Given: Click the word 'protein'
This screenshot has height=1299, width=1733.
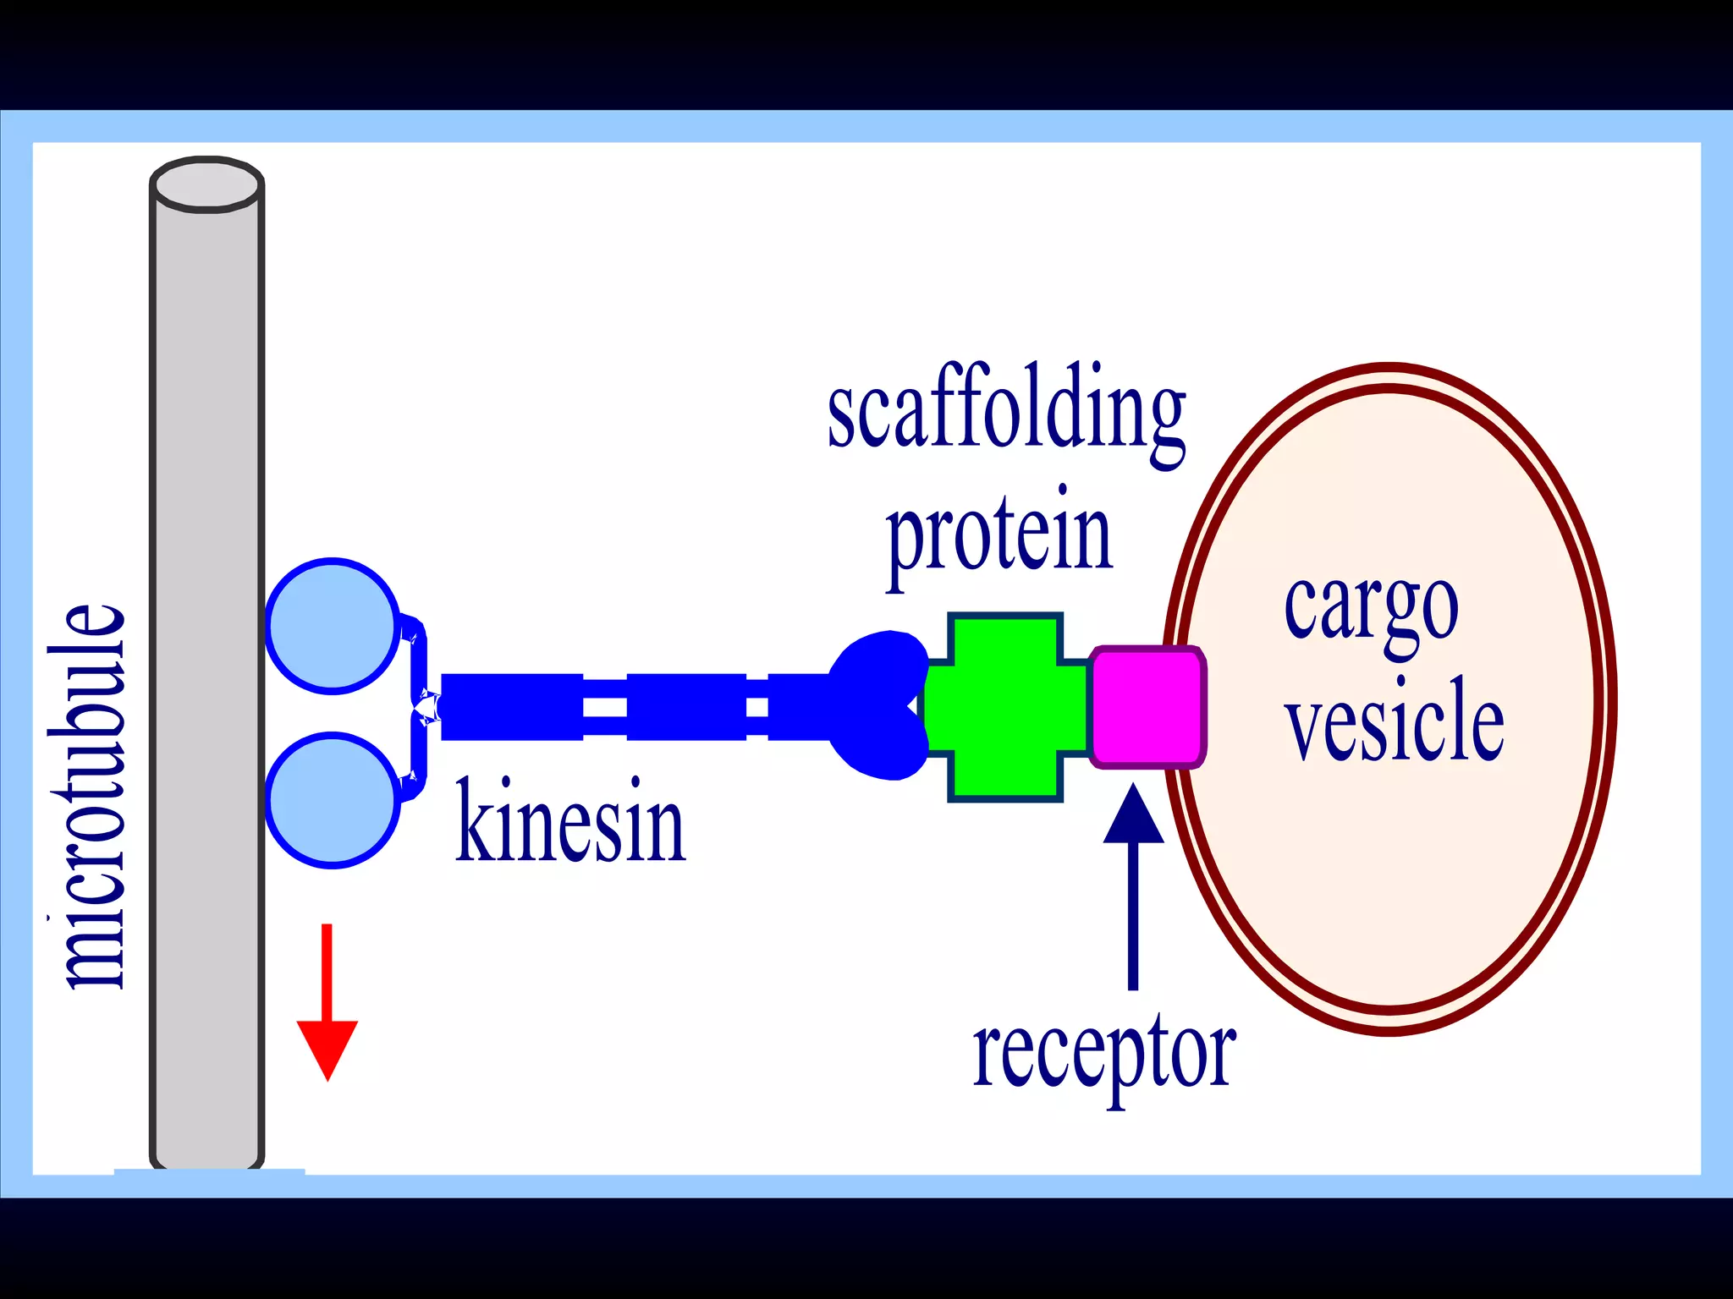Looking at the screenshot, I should tap(999, 536).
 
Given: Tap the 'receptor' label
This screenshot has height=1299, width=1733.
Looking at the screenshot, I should tap(1104, 1057).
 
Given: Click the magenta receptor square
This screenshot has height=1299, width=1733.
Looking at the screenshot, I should tap(1147, 707).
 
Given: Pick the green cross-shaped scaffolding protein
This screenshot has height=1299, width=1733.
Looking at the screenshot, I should tap(1005, 707).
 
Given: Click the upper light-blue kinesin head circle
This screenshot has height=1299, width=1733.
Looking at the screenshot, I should tap(333, 626).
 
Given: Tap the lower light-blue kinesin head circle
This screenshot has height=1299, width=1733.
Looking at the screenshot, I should tap(333, 800).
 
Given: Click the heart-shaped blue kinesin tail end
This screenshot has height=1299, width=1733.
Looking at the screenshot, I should tap(876, 705).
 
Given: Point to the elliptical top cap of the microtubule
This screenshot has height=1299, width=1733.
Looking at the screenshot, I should tap(207, 183).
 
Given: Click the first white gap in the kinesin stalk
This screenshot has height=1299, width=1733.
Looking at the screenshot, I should tap(605, 707).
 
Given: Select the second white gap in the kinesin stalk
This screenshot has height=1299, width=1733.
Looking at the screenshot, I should tap(757, 707).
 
